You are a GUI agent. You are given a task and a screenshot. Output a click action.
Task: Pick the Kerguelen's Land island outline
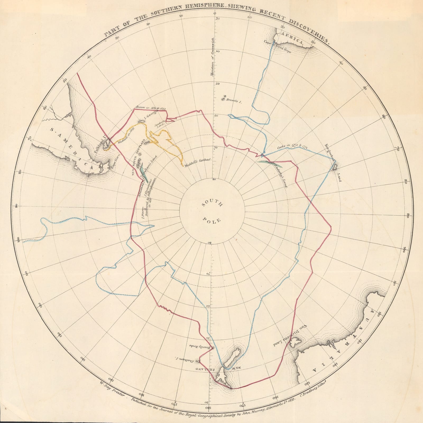334,167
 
